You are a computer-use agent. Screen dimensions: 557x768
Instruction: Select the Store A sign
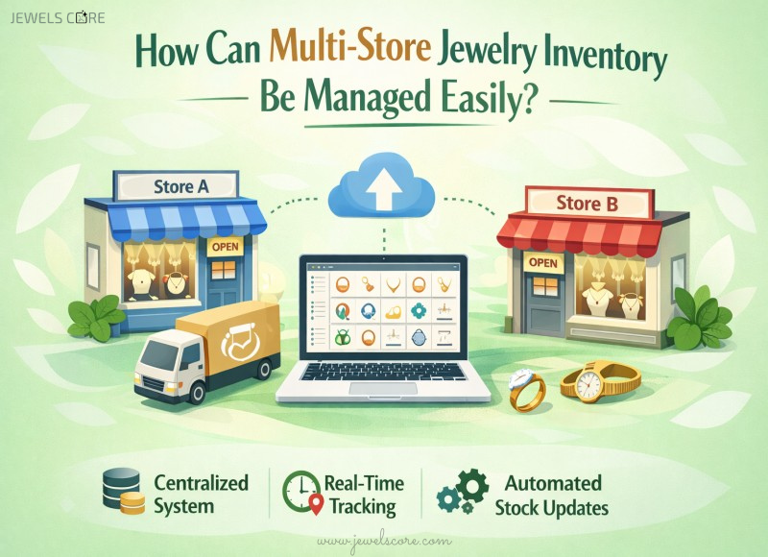(x=181, y=186)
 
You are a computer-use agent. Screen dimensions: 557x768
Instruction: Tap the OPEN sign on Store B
(x=543, y=262)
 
